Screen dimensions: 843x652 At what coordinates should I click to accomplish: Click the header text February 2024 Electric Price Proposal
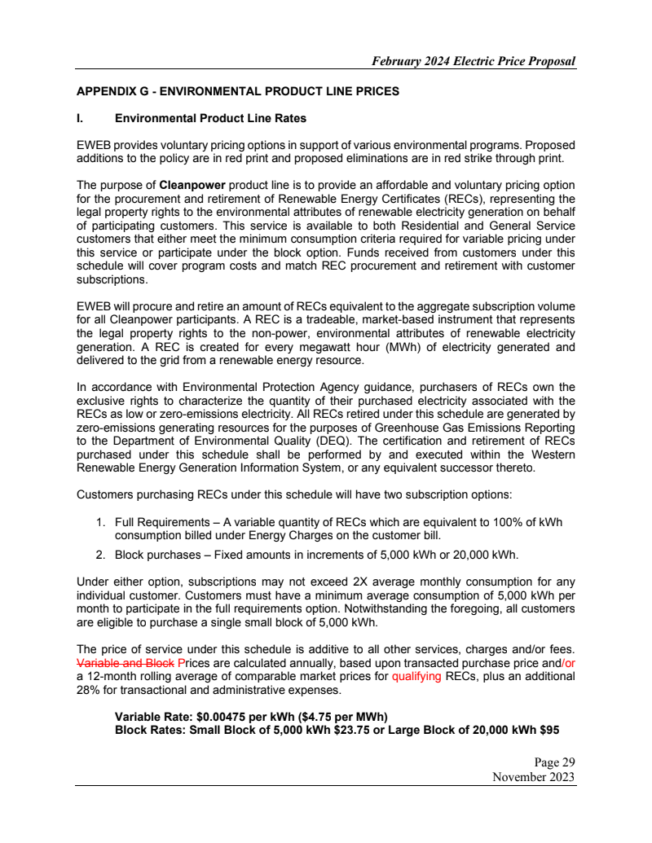point(474,61)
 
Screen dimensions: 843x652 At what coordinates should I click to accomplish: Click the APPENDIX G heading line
point(237,91)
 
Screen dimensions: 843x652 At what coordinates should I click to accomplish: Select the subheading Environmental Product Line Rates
point(210,118)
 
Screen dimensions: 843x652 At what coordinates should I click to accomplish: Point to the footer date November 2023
point(534,777)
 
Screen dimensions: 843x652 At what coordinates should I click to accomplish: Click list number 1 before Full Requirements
point(100,521)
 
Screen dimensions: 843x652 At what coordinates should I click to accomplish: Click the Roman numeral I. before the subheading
point(79,118)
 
